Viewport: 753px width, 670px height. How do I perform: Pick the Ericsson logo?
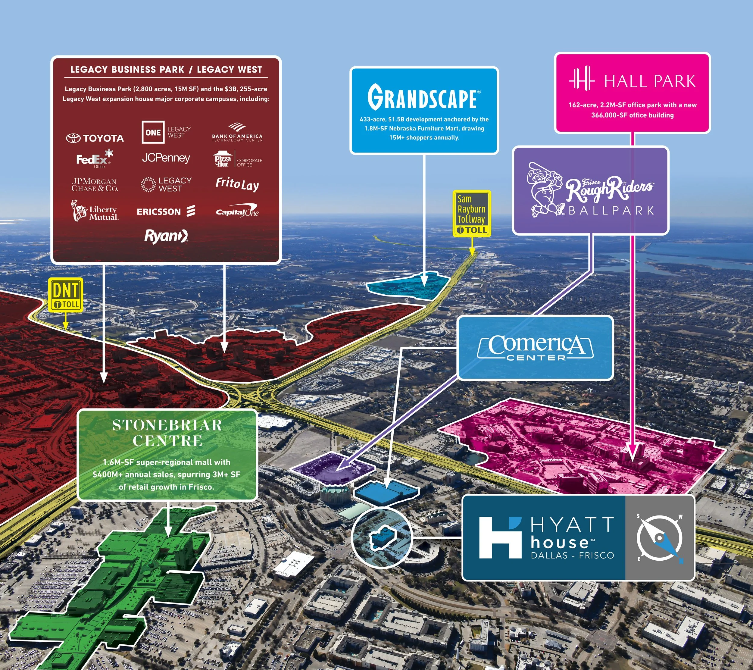(166, 211)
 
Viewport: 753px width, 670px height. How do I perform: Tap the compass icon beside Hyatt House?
(660, 538)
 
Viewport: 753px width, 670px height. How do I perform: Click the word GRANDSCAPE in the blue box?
(424, 97)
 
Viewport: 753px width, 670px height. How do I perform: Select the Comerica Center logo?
(535, 347)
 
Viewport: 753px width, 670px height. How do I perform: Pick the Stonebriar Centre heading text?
(167, 433)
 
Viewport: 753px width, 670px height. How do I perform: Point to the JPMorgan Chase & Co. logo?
(95, 185)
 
